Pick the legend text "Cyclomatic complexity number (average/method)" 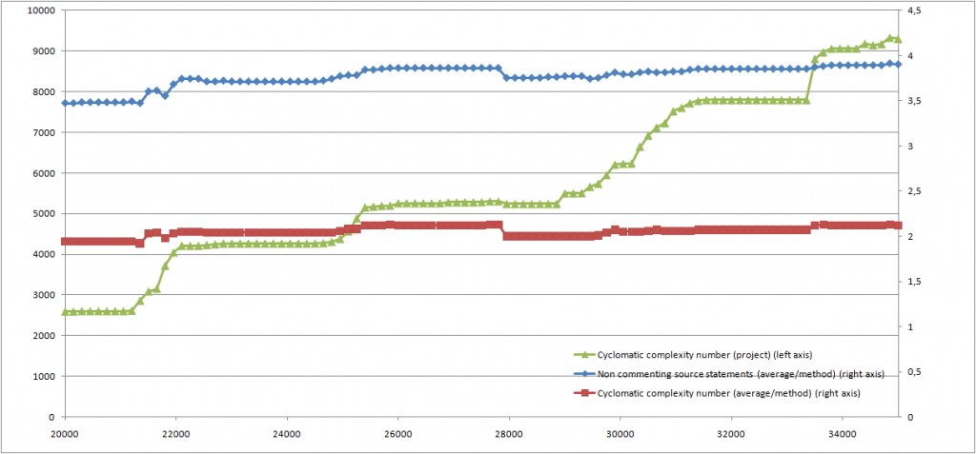pos(705,391)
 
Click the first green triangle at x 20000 pos(65,311)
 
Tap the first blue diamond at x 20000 pos(65,103)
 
